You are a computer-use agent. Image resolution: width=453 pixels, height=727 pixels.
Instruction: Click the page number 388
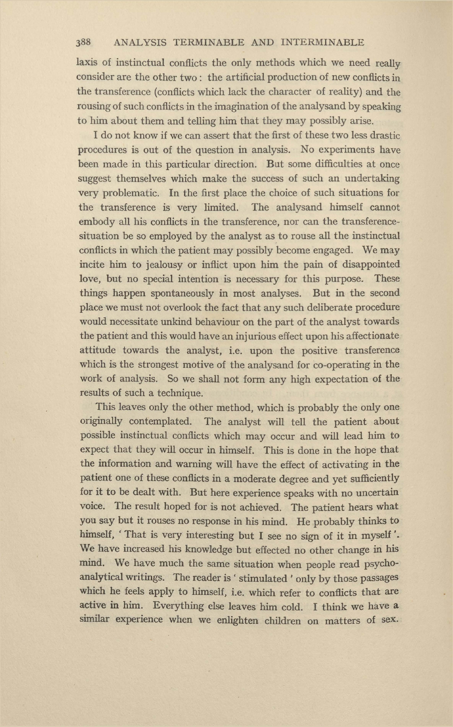[83, 42]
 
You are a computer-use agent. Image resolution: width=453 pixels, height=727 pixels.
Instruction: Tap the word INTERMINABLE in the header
[323, 42]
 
